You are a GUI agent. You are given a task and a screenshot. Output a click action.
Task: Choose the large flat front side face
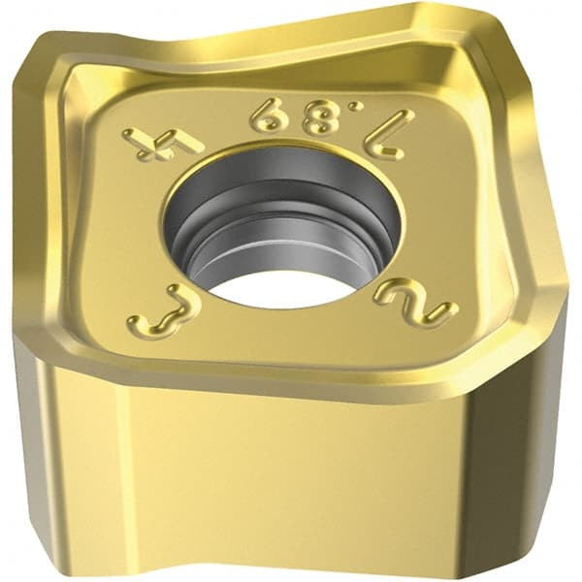(291, 466)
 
